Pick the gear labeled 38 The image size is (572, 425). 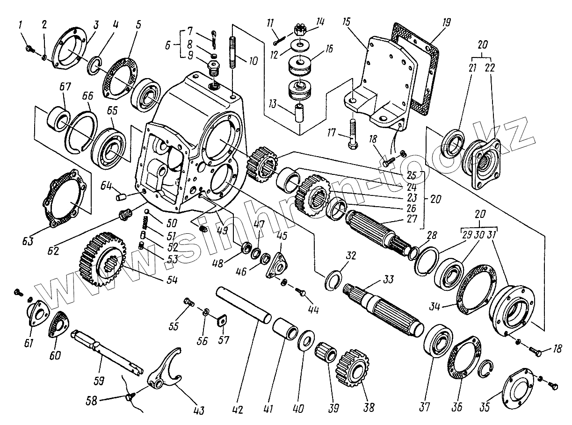pyautogui.click(x=350, y=367)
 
